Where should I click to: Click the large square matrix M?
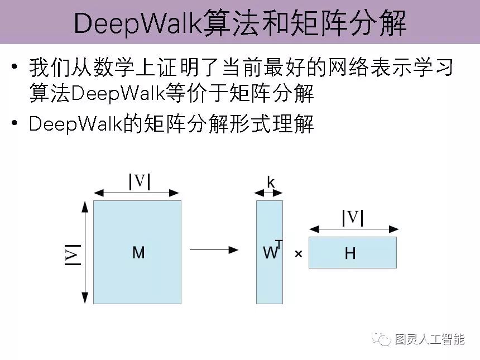pos(137,252)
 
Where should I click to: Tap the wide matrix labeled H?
pos(352,252)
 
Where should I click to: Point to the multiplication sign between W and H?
pos(298,254)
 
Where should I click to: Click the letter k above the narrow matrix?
pos(271,182)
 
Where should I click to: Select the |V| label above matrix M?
pos(140,181)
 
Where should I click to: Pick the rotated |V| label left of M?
pos(73,255)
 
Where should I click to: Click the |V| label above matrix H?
pos(353,217)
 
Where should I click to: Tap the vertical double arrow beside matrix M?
pos(85,252)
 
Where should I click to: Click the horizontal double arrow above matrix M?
pos(137,193)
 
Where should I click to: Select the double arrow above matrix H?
pos(354,229)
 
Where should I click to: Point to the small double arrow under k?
pos(269,193)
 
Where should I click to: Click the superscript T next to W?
pos(279,244)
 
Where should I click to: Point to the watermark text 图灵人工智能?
pos(429,339)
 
